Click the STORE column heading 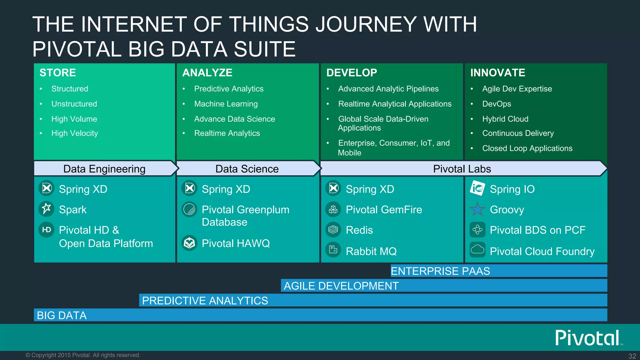click(58, 73)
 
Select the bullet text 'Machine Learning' click(226, 104)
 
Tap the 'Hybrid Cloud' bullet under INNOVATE click(505, 119)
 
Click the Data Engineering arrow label click(104, 169)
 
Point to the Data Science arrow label click(247, 169)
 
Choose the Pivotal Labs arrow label click(462, 169)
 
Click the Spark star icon click(47, 209)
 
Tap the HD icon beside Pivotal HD click(47, 230)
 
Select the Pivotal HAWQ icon click(189, 243)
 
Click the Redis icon click(333, 230)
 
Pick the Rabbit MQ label click(371, 251)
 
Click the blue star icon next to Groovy click(477, 209)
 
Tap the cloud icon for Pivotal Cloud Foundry click(477, 250)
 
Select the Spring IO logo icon click(477, 188)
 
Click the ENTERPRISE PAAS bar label click(440, 271)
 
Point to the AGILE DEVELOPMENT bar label click(341, 286)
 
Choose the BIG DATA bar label click(62, 315)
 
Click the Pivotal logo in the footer click(587, 338)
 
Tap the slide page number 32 click(632, 356)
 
